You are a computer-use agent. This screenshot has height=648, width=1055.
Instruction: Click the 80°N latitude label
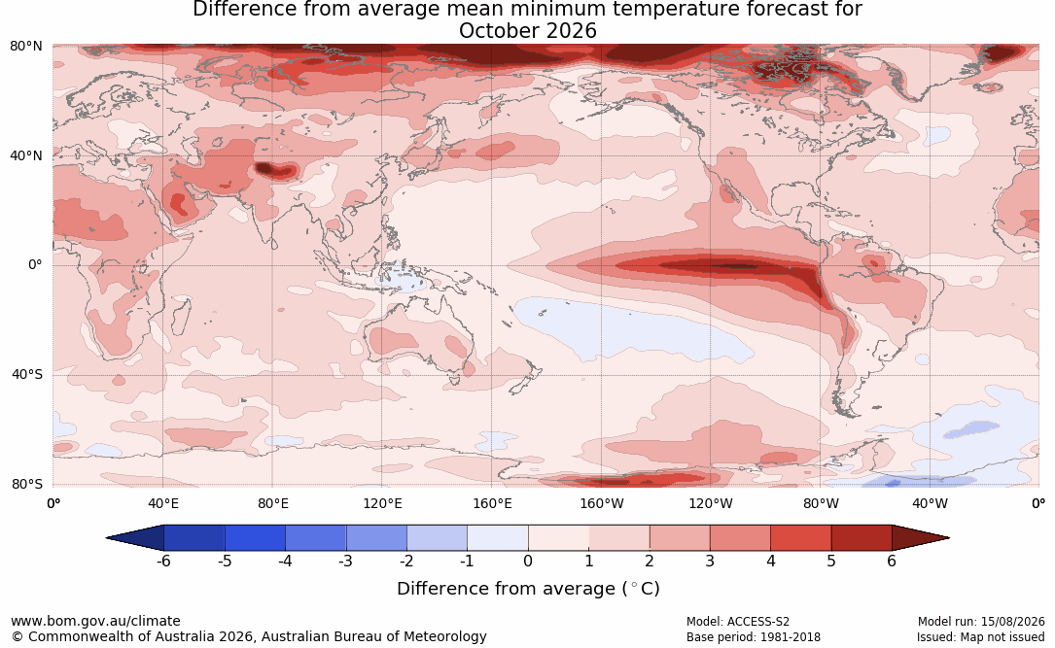click(x=25, y=47)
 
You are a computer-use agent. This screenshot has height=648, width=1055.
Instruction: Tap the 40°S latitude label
click(x=27, y=374)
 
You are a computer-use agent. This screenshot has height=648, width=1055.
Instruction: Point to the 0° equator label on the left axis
click(x=35, y=265)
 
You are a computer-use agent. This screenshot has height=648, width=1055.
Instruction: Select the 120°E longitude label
click(x=383, y=503)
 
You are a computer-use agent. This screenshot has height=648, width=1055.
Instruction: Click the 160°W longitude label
click(x=601, y=503)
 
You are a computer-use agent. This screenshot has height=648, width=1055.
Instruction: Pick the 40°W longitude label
click(x=930, y=503)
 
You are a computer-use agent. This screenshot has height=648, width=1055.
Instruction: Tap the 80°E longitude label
click(x=272, y=503)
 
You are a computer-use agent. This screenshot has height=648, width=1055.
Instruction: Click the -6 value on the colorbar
click(x=163, y=561)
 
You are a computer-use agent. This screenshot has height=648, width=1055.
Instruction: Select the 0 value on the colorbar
click(x=528, y=561)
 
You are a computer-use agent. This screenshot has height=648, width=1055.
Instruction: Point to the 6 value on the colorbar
click(x=892, y=561)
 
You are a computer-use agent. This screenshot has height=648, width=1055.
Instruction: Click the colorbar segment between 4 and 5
click(x=800, y=538)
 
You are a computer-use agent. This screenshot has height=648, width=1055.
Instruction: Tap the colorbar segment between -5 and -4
click(x=255, y=538)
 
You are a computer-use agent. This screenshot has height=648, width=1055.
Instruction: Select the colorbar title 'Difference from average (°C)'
click(x=528, y=589)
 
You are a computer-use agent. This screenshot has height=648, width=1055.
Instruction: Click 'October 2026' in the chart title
click(x=528, y=31)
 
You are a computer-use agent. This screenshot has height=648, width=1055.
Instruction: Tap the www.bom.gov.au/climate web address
click(x=95, y=621)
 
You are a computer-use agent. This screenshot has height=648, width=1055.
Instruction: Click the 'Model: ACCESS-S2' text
click(x=738, y=622)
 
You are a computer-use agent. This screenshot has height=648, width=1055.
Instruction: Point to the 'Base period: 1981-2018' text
click(x=754, y=637)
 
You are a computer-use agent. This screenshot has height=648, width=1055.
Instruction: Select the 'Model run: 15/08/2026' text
click(x=981, y=622)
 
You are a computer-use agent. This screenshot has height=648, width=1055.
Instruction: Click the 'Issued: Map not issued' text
click(x=981, y=637)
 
